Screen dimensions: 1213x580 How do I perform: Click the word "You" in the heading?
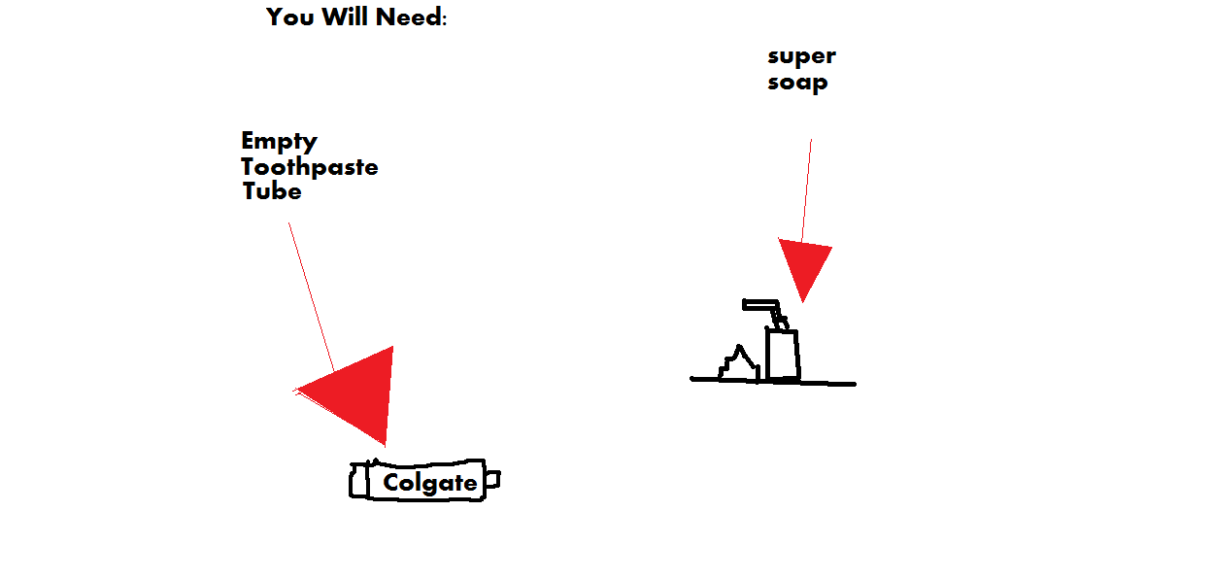pos(290,17)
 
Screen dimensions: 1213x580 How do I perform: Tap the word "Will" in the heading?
pos(345,17)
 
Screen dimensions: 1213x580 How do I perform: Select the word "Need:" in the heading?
pos(412,17)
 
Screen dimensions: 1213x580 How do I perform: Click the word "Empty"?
pos(279,142)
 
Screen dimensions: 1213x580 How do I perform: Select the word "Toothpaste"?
pos(309,167)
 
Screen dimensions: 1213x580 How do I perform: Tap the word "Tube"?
pos(272,191)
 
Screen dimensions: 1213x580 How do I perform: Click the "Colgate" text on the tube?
pos(430,483)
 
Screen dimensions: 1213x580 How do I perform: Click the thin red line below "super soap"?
pos(806,190)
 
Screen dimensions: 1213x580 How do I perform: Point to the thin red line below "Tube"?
pos(312,296)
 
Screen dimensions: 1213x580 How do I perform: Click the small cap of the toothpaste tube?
pos(492,480)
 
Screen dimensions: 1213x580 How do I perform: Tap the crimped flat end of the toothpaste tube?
pos(359,480)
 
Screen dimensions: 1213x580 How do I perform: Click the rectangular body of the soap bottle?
pos(783,355)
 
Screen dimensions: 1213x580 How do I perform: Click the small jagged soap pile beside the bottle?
pos(739,364)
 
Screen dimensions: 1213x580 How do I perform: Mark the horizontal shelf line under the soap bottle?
pos(773,381)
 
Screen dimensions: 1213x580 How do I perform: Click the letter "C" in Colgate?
pos(391,482)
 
